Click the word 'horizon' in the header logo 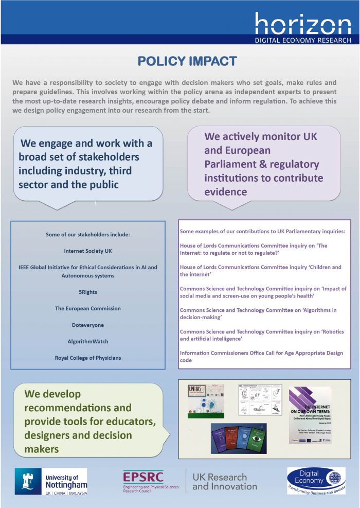click(x=303, y=24)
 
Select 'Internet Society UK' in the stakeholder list click(x=88, y=251)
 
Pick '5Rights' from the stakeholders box click(x=88, y=292)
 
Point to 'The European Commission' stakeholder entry click(x=88, y=308)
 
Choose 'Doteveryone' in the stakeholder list click(x=88, y=325)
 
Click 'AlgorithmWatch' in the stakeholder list click(x=88, y=341)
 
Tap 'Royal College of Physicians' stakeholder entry click(x=88, y=358)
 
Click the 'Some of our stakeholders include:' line click(x=88, y=235)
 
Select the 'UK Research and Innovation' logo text click(x=225, y=482)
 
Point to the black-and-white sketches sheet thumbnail click(x=260, y=399)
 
